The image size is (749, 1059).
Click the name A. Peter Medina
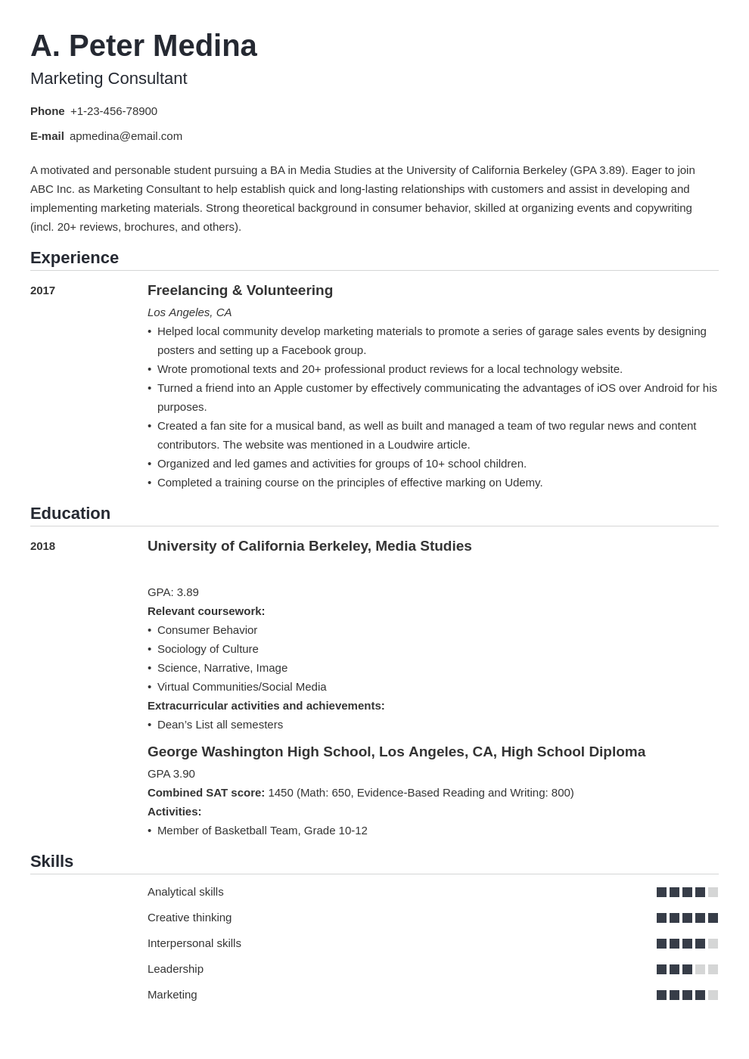144,46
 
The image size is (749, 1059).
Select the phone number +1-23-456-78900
113,111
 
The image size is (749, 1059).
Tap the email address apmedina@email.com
126,136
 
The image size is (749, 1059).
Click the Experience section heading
74,258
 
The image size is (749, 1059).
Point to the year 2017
42,290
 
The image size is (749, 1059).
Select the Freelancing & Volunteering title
240,290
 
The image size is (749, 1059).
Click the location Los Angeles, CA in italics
189,312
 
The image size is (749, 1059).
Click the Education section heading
70,514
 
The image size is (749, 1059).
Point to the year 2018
42,546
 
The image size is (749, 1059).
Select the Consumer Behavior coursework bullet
207,630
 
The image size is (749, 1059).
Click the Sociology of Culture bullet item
207,649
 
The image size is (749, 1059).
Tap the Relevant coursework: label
206,611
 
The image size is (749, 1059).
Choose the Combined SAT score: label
206,793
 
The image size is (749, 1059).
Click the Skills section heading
51,862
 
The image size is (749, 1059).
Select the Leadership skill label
176,969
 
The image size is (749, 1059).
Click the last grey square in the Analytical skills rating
713,893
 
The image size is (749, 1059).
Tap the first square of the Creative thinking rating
661,918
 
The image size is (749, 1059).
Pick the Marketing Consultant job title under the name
108,79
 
